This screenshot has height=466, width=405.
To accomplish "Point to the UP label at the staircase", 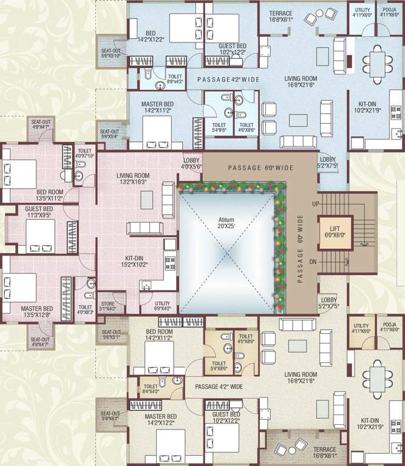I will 315,204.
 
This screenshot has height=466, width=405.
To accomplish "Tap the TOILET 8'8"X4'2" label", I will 174,79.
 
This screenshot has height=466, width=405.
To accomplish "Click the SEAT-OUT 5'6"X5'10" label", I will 111,52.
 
